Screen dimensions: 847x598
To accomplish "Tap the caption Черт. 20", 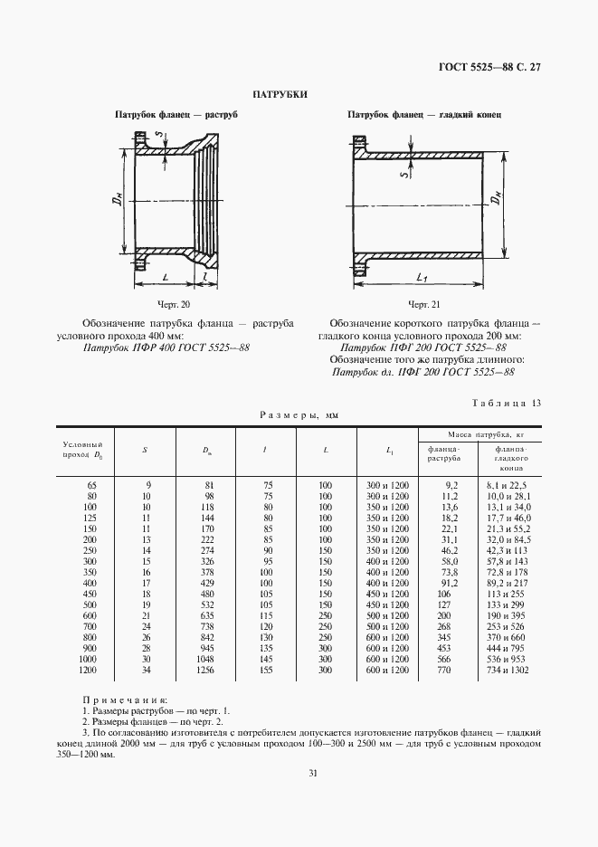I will pos(171,304).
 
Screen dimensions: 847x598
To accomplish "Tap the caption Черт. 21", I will pos(424,304).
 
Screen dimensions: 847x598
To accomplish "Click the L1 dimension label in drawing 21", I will pos(423,276).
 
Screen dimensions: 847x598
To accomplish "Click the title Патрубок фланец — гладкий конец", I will pos(425,116).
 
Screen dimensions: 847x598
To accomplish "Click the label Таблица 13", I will pos(507,403).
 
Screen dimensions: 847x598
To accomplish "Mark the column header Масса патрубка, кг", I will pos(474,433).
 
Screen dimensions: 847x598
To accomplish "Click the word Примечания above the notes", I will pos(125,700).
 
